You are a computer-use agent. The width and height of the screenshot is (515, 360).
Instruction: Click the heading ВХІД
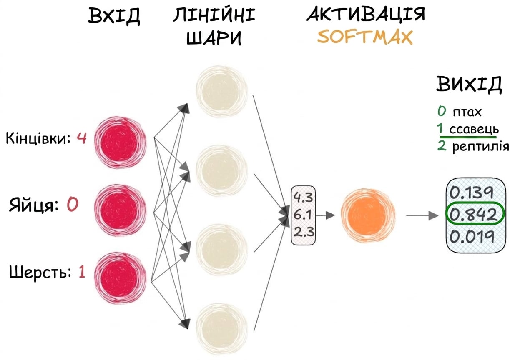pyautogui.click(x=114, y=16)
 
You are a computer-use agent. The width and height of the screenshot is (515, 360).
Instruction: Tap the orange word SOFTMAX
pyautogui.click(x=365, y=37)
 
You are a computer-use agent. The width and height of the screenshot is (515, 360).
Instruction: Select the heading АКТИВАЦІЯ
pyautogui.click(x=366, y=14)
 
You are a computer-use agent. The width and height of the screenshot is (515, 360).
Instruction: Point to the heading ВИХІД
pyautogui.click(x=469, y=84)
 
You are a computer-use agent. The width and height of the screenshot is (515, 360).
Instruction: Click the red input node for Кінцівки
pyautogui.click(x=120, y=142)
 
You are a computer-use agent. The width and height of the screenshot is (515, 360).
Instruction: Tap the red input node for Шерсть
pyautogui.click(x=120, y=278)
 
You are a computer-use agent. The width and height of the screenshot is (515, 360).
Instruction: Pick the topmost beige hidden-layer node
pyautogui.click(x=221, y=91)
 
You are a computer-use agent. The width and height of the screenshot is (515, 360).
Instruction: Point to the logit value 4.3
pyautogui.click(x=303, y=197)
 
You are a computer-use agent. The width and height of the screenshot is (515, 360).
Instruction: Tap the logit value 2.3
pyautogui.click(x=304, y=232)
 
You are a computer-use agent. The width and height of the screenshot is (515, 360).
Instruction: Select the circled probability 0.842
pyautogui.click(x=475, y=214)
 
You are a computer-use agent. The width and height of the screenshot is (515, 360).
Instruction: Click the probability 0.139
pyautogui.click(x=471, y=192)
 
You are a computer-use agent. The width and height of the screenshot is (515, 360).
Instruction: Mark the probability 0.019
pyautogui.click(x=472, y=236)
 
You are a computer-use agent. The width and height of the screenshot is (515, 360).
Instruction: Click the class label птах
pyautogui.click(x=467, y=112)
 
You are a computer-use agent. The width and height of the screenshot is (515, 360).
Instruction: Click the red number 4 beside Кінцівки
pyautogui.click(x=82, y=138)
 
